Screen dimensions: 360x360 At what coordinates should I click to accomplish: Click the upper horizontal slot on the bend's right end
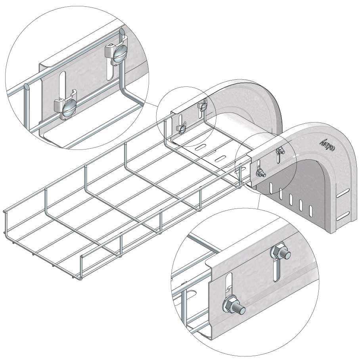(343, 195)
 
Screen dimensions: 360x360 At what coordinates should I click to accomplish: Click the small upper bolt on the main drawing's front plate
(280, 151)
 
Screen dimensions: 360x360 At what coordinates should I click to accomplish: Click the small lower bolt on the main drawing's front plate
(261, 173)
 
